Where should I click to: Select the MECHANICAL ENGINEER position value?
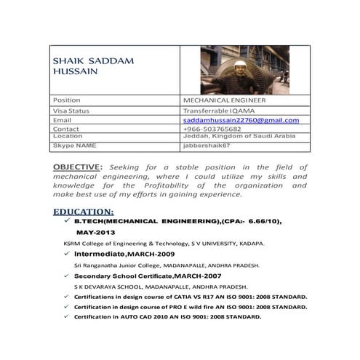[x=224, y=100]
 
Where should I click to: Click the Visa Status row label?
[x=71, y=110]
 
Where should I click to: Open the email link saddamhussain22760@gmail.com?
[x=241, y=119]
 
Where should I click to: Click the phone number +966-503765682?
[x=212, y=129]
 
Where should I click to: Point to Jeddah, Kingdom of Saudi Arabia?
[x=239, y=136]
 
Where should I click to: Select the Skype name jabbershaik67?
[x=207, y=145]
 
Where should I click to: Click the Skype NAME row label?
[x=74, y=145]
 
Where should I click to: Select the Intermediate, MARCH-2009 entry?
[x=124, y=255]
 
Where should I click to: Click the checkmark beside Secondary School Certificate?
[x=66, y=276]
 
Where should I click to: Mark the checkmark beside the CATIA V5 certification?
[x=66, y=297]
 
